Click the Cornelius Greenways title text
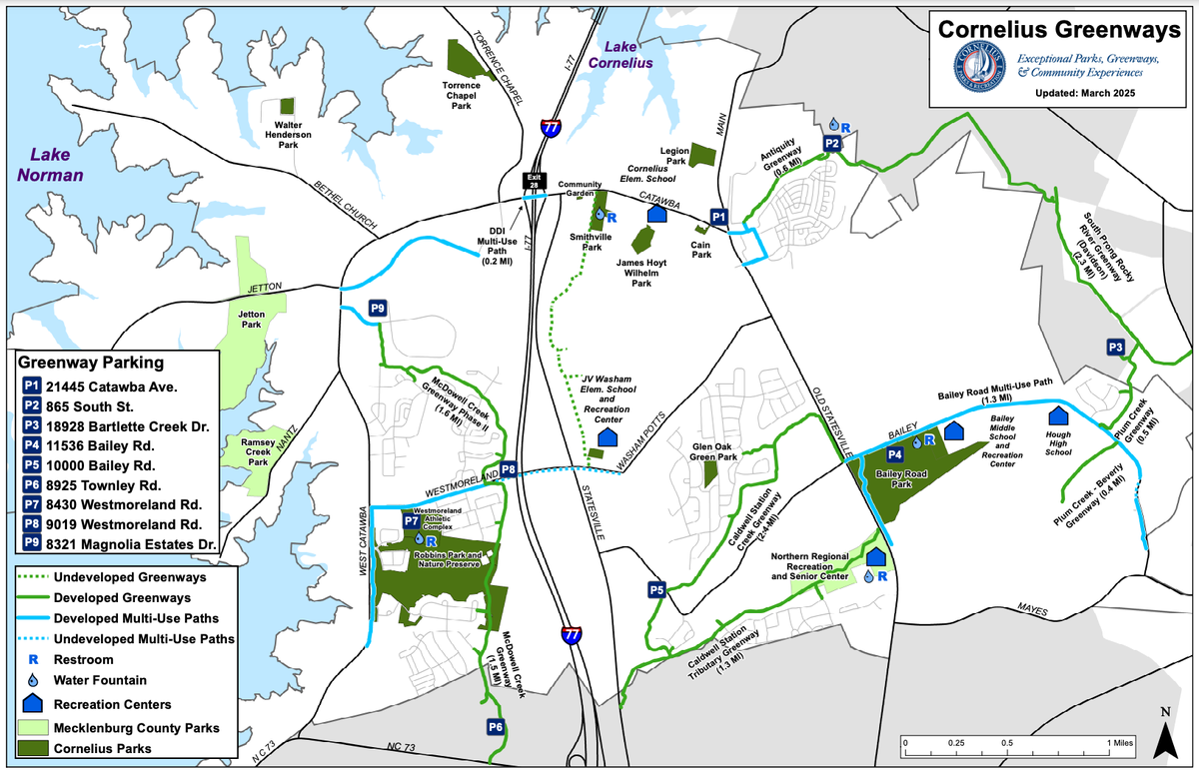point(1058,30)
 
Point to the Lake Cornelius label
point(619,54)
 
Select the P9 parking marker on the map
point(378,309)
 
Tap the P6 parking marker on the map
point(496,726)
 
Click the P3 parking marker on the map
point(1117,347)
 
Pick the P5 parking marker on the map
point(656,589)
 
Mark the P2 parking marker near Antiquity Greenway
point(831,144)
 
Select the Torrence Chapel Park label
point(462,95)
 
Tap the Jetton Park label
point(252,320)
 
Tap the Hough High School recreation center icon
point(1057,414)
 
